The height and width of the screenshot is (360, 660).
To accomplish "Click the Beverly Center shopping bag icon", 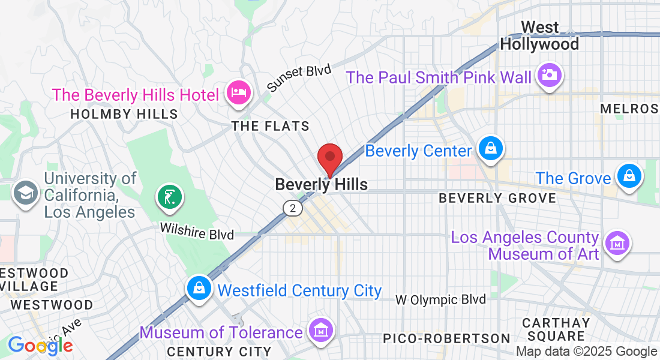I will (491, 148).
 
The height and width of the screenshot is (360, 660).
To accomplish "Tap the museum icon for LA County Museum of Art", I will (617, 243).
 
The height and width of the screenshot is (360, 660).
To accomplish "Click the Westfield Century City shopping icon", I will (198, 289).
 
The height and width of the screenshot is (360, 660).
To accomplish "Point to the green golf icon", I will (169, 196).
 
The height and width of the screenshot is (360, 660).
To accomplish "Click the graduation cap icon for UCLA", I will (26, 193).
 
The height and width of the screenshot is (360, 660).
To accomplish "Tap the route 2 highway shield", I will (292, 208).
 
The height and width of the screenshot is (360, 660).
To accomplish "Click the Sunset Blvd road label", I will (299, 78).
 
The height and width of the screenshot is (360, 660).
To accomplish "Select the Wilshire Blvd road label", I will (197, 231).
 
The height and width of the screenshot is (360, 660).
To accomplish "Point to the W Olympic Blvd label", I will (441, 299).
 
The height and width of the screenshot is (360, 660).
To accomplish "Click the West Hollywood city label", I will (540, 36).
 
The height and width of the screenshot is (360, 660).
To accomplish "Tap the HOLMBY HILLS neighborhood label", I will (124, 114).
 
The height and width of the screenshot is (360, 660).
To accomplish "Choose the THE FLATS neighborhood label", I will (271, 126).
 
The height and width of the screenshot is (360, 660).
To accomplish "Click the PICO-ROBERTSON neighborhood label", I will (446, 339).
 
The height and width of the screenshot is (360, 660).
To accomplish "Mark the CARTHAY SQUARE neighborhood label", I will (556, 329).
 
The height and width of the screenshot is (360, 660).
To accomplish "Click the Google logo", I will (40, 345).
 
